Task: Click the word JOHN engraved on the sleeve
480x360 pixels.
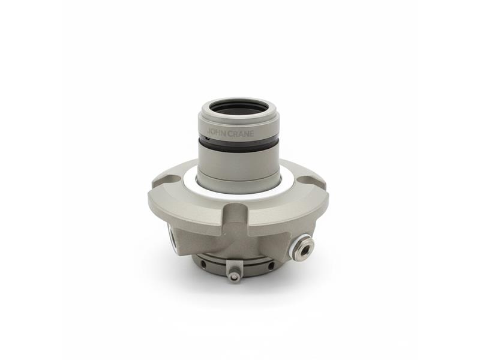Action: [x=216, y=131]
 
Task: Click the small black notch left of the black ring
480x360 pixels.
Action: [x=208, y=139]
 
